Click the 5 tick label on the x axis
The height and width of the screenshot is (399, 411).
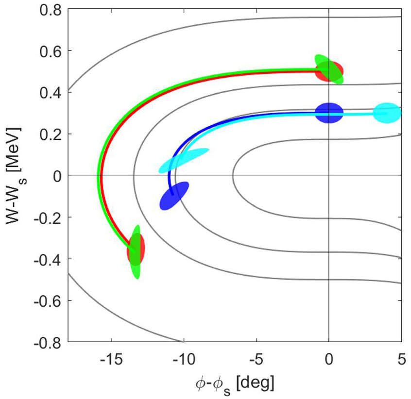(x=401, y=360)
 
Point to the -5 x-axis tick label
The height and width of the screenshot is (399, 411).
(x=256, y=360)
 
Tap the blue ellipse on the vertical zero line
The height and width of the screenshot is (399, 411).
(x=329, y=113)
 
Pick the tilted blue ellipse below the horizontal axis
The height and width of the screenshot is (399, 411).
(x=174, y=196)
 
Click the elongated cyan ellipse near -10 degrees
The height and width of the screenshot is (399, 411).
(x=184, y=160)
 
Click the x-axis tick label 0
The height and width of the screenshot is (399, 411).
(x=329, y=360)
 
